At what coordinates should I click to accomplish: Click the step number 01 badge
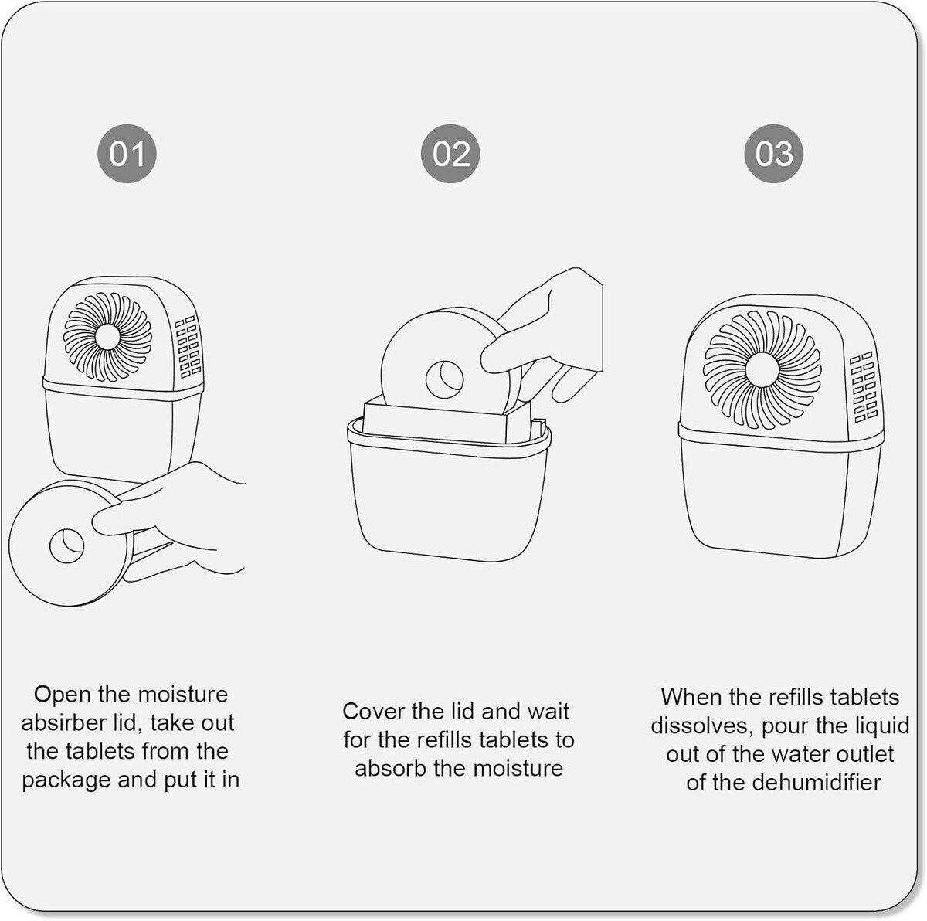coord(127,154)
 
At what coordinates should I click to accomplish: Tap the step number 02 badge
coord(450,154)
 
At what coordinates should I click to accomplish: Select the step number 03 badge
coord(773,154)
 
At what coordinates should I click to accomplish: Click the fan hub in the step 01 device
coord(107,337)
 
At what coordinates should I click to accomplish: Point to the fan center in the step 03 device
coord(762,369)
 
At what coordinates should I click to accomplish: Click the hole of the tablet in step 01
coord(67,546)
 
